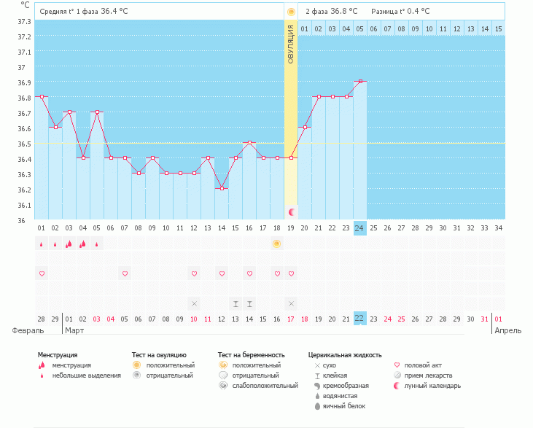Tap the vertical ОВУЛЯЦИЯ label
291,44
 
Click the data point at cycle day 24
359,81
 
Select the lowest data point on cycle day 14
222,188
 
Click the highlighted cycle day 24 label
359,228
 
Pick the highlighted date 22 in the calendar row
359,319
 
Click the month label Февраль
28,330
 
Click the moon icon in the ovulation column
292,211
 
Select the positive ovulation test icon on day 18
277,244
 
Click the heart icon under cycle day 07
125,273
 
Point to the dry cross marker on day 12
194,303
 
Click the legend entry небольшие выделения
86,376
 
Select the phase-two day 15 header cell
498,28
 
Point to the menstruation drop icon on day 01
42,244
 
